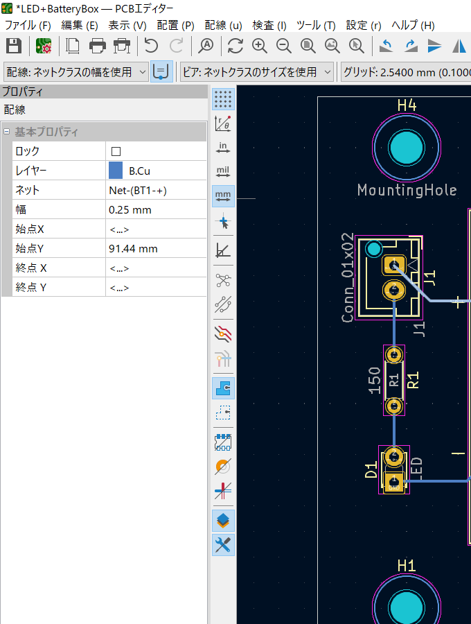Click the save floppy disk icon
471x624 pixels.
(x=14, y=46)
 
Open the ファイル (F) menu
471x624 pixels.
(x=28, y=26)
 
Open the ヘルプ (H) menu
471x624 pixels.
(x=413, y=26)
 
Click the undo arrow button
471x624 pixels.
(x=151, y=46)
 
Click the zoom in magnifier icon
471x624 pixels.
(x=260, y=46)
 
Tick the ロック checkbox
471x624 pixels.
(x=116, y=151)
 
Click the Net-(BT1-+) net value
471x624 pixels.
(x=138, y=190)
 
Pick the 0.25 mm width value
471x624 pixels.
(x=130, y=209)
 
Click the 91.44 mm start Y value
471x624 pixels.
(x=133, y=249)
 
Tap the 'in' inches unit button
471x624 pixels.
(x=223, y=148)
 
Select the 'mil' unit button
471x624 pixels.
(x=223, y=172)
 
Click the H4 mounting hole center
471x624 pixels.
(x=406, y=148)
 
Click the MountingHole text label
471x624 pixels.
(x=407, y=190)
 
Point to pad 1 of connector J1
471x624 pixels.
(x=394, y=266)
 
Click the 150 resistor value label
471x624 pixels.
(x=375, y=381)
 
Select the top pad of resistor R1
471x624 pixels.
(x=394, y=354)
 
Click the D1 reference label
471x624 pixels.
(x=371, y=469)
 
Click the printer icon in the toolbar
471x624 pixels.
(x=98, y=46)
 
